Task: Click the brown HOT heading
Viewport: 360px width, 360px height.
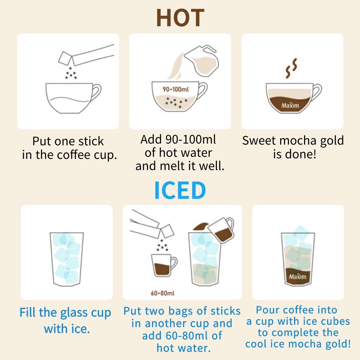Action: [180, 18]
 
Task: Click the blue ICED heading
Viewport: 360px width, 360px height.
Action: [180, 190]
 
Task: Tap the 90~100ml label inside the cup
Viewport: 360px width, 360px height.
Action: [176, 89]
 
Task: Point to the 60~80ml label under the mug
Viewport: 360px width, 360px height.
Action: [162, 293]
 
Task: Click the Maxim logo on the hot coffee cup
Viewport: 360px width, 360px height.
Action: [290, 105]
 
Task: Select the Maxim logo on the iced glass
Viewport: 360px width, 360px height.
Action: [297, 276]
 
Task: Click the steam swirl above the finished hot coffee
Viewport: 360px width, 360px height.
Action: [291, 68]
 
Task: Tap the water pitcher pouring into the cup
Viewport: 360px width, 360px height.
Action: [201, 60]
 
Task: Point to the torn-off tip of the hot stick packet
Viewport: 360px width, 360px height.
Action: [65, 58]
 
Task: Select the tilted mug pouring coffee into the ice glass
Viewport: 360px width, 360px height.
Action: [221, 230]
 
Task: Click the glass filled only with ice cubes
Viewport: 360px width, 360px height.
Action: [66, 259]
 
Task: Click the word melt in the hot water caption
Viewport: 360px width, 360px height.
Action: [173, 166]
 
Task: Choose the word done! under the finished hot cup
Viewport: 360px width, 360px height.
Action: [301, 154]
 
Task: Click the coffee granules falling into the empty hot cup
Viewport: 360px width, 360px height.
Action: [71, 73]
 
